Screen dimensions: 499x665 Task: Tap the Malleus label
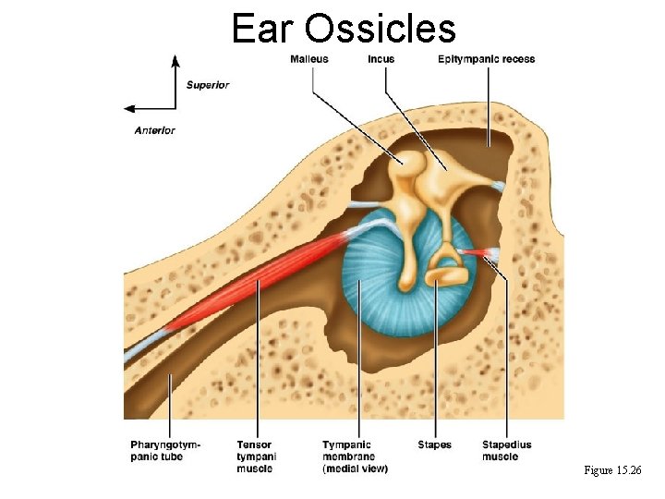308,59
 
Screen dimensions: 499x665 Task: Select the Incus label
381,59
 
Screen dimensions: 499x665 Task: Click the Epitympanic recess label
487,59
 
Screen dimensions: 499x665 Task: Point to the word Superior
208,85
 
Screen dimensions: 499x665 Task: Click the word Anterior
154,130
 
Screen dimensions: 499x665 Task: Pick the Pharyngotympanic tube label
165,450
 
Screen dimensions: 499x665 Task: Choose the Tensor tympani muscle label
256,456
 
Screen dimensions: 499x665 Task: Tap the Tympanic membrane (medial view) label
356,456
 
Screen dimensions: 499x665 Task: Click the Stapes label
434,444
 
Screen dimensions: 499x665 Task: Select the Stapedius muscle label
500,450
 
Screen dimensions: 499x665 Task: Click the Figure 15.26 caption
612,471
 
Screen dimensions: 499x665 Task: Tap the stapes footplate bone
447,274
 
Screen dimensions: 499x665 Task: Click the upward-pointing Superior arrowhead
175,61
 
